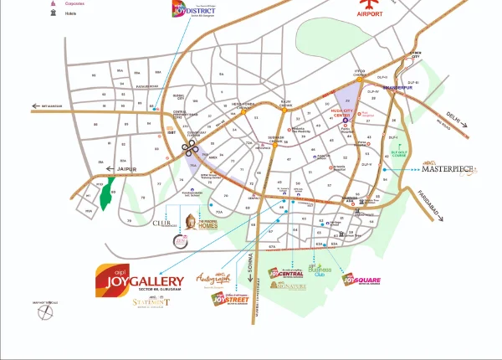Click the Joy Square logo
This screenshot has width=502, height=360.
point(366,279)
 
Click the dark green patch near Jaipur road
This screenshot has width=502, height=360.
point(105,197)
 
